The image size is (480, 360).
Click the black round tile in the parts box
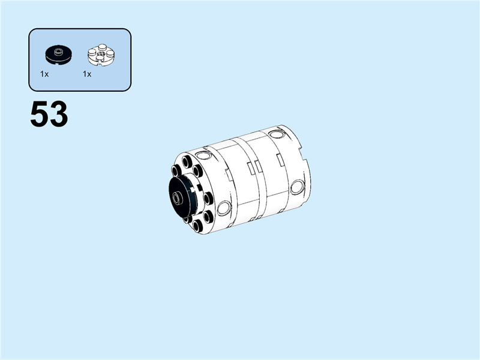(58, 55)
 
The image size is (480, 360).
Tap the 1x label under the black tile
(44, 74)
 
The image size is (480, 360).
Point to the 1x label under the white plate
(87, 74)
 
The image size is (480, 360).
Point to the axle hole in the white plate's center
(100, 55)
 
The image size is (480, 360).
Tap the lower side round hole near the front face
(224, 209)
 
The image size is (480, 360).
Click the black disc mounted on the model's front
(180, 198)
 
